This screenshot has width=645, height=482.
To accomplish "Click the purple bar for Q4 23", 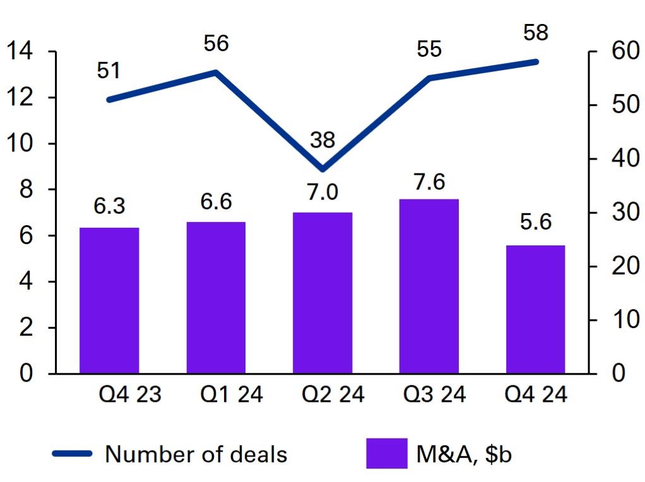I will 109,300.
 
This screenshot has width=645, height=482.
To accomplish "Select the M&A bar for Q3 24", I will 429,286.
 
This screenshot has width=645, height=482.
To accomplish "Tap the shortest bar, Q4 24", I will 536,309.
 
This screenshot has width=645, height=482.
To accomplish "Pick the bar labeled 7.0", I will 322,293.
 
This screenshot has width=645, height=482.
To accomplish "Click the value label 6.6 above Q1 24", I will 216,202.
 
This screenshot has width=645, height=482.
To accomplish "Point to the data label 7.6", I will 429,182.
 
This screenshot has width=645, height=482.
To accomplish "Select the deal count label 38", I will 322,139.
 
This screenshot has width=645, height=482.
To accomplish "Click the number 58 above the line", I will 536,33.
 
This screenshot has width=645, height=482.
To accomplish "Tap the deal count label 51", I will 109,71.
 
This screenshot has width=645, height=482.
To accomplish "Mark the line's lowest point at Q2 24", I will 322,169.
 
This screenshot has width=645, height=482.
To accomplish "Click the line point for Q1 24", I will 216,72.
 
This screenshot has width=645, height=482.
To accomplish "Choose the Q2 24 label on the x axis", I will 322,396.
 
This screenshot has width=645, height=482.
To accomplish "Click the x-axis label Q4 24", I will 536,396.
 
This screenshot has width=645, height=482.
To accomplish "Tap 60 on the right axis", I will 620,52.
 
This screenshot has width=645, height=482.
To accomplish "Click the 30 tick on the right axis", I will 620,213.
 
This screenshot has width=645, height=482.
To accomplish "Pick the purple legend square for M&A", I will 386,454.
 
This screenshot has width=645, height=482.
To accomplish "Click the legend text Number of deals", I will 196,454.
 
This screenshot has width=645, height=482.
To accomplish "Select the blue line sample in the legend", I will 72,454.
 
